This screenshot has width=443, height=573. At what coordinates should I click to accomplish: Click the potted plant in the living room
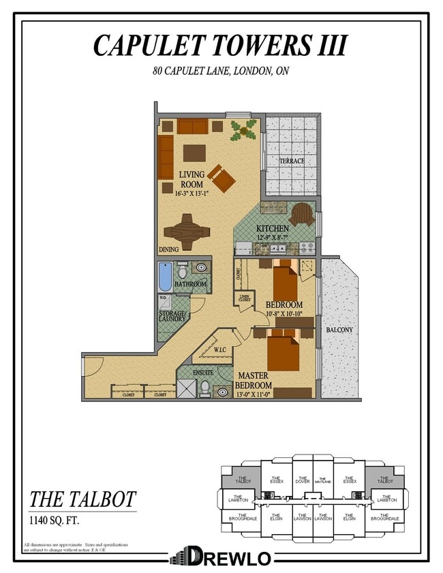coord(244,129)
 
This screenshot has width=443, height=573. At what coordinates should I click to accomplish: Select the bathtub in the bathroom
coord(164,277)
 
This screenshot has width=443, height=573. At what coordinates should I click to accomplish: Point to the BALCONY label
coord(339,330)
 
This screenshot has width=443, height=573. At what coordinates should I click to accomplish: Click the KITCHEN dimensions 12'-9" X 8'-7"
coord(273,237)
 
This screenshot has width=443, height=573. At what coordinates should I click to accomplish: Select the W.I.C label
coord(219,350)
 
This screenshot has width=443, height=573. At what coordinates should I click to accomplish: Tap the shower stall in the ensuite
coord(186,388)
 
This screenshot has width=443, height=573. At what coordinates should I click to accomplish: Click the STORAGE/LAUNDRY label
coord(172,315)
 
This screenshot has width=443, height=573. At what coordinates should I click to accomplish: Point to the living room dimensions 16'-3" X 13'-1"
coord(192,193)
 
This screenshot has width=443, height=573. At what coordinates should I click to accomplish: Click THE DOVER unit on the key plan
coord(303,479)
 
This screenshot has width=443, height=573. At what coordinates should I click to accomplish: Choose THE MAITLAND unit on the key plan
coord(323,480)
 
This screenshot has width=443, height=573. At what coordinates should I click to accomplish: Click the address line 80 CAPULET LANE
coord(220,71)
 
